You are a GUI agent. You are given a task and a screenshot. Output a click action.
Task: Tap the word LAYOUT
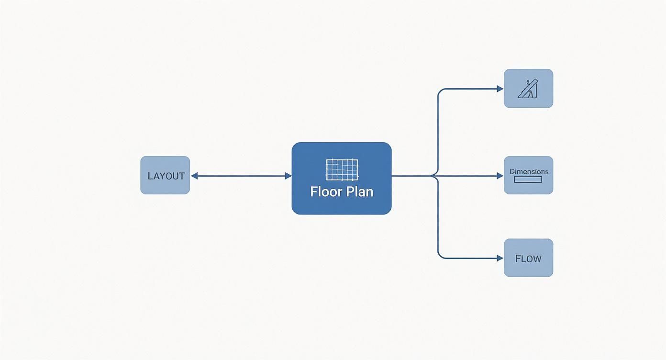[x=166, y=176]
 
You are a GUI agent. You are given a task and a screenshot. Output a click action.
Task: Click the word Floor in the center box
[x=325, y=192]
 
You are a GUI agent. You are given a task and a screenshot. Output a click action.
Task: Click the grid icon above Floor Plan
[x=342, y=170]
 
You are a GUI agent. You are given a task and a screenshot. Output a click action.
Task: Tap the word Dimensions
[x=529, y=171]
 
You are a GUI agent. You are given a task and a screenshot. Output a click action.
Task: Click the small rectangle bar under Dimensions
[x=528, y=180]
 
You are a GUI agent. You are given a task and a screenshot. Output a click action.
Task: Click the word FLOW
[x=528, y=259]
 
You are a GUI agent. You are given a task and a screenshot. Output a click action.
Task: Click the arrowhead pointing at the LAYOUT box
[x=194, y=176]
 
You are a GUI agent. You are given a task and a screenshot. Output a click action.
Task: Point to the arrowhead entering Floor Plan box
[x=289, y=176]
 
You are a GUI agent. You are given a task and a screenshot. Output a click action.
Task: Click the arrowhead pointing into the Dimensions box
[x=500, y=176]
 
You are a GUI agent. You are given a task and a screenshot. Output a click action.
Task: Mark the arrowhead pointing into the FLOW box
[x=500, y=259]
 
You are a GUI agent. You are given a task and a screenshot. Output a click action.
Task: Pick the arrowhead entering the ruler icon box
[x=500, y=89]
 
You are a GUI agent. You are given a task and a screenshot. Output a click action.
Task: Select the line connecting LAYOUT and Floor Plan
[x=242, y=176]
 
